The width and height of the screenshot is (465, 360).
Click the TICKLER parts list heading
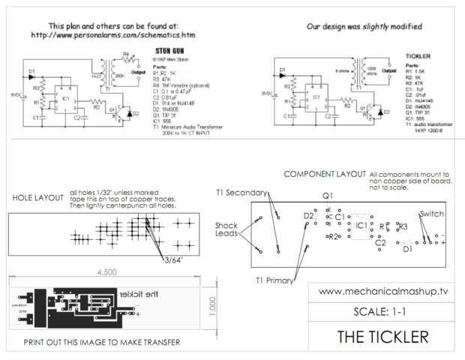(x=417, y=56)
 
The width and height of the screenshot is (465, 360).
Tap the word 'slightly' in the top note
(x=383, y=25)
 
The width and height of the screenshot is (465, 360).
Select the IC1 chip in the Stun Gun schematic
(x=67, y=98)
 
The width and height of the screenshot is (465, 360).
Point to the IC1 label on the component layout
(x=361, y=224)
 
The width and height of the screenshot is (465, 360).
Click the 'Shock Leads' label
(x=226, y=229)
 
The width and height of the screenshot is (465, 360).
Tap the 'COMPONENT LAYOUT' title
(x=324, y=174)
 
